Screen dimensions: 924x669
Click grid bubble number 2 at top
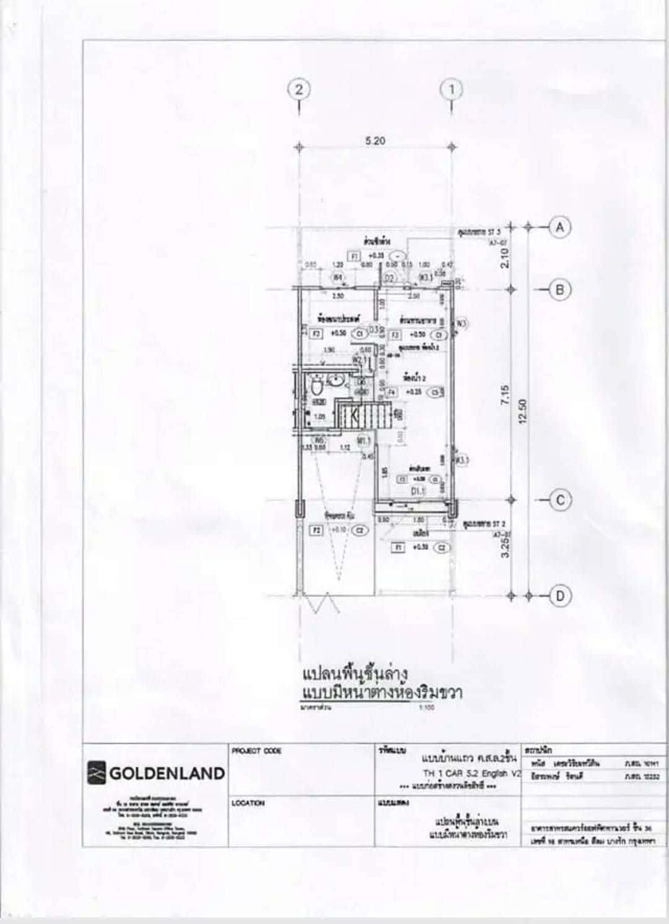(x=299, y=89)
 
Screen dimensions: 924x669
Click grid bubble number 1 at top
(x=452, y=89)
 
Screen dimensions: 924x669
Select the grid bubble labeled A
(x=560, y=227)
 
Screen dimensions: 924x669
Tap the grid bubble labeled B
(x=560, y=289)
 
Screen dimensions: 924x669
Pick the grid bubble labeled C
(x=560, y=500)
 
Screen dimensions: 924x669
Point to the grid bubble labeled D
(x=560, y=596)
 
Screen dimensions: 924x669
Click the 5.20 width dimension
(x=375, y=141)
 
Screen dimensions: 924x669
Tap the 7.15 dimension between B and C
(x=504, y=396)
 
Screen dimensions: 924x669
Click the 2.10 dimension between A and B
(x=504, y=258)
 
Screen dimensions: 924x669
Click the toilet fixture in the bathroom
(x=317, y=386)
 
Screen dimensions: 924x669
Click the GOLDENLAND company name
(x=167, y=773)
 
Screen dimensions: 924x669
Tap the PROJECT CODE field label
(x=256, y=751)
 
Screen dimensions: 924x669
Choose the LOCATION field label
(x=248, y=803)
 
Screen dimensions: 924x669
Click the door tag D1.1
(x=419, y=491)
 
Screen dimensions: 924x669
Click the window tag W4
(x=338, y=277)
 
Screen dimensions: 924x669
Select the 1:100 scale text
(x=427, y=707)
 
